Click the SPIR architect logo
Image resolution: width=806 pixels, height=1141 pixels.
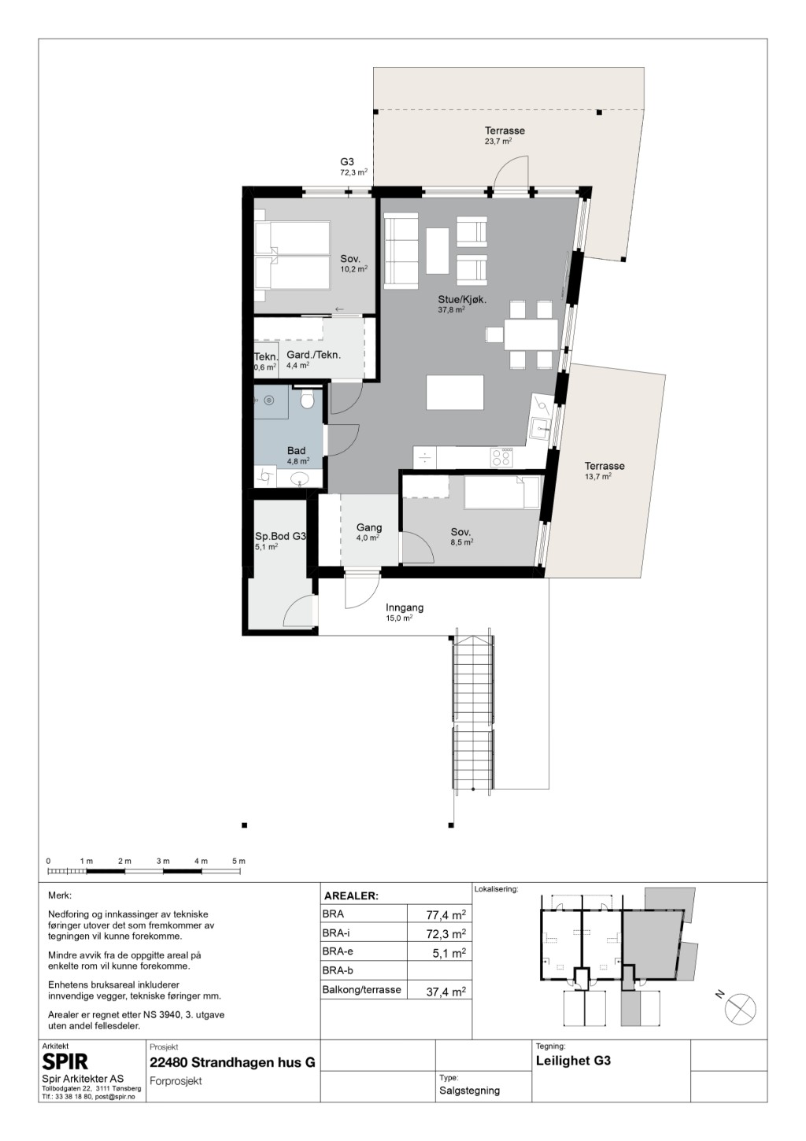pyautogui.click(x=65, y=1062)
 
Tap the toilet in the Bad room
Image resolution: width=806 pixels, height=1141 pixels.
pyautogui.click(x=307, y=400)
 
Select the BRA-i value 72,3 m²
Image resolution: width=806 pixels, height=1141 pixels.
pyautogui.click(x=446, y=934)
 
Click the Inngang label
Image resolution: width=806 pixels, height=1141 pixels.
pyautogui.click(x=405, y=607)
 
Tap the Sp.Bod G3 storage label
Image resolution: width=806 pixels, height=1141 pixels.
pyautogui.click(x=280, y=537)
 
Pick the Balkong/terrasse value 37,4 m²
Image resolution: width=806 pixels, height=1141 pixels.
pyautogui.click(x=446, y=991)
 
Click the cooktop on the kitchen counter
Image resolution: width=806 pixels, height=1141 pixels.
pyautogui.click(x=501, y=456)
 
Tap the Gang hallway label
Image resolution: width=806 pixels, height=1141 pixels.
pyautogui.click(x=369, y=528)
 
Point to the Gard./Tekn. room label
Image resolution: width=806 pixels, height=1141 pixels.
pyautogui.click(x=313, y=355)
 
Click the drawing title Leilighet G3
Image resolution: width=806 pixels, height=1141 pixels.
pyautogui.click(x=573, y=1061)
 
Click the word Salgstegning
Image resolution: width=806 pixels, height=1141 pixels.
pyautogui.click(x=469, y=1091)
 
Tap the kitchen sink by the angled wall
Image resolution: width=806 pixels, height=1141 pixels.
pyautogui.click(x=539, y=427)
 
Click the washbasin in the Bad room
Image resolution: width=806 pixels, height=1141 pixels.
pyautogui.click(x=301, y=478)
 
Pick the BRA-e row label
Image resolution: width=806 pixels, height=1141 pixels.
pyautogui.click(x=338, y=951)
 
